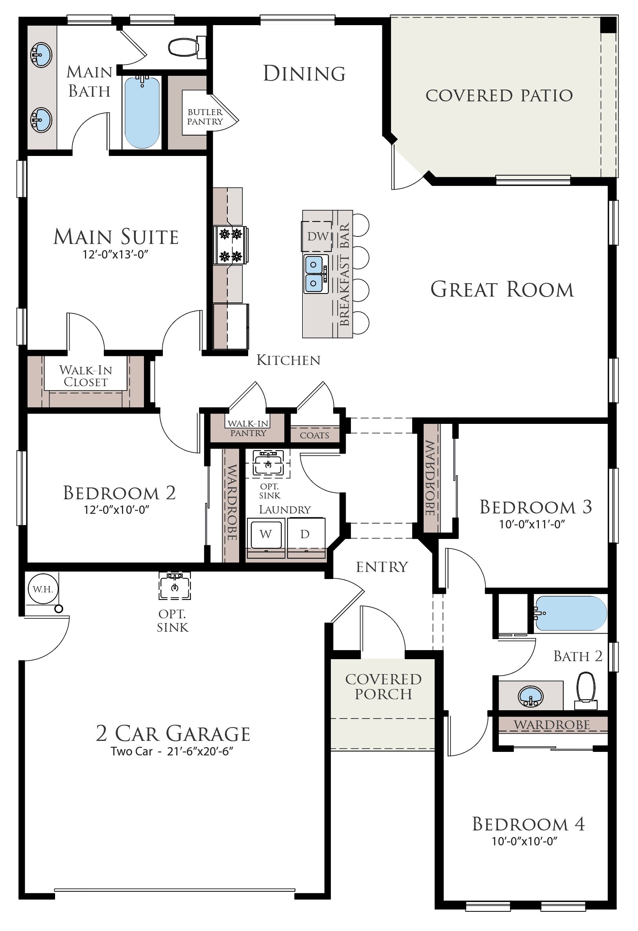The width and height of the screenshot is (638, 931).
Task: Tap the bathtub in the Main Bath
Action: [x=142, y=112]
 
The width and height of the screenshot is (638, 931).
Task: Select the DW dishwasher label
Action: [x=318, y=236]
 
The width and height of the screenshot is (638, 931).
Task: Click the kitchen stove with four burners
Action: [x=230, y=245]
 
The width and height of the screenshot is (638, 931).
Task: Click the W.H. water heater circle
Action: [x=43, y=589]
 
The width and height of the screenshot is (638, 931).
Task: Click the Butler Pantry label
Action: [x=205, y=117]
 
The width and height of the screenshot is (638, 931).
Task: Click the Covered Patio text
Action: [x=499, y=95]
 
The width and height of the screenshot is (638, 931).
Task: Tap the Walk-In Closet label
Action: [x=85, y=376]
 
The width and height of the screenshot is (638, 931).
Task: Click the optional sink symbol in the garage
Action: [x=174, y=585]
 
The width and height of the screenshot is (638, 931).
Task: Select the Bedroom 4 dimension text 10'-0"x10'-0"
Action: [x=525, y=841]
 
